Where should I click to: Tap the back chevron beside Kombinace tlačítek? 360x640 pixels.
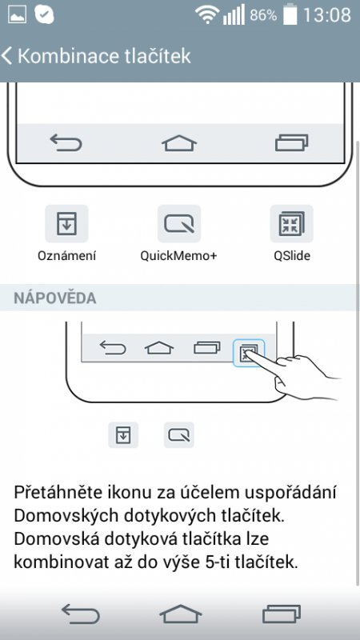[x=8, y=56]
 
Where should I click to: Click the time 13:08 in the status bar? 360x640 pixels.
[x=327, y=14]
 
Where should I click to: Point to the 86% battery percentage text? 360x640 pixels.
[x=263, y=15]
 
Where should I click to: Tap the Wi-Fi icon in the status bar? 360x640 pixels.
[x=208, y=14]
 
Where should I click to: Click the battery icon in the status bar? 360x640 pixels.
[x=290, y=14]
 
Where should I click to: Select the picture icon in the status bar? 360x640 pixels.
[x=17, y=14]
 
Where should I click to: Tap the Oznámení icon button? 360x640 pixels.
[x=66, y=224]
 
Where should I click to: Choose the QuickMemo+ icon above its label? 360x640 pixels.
[x=179, y=224]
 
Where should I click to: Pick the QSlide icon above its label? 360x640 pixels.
[x=291, y=224]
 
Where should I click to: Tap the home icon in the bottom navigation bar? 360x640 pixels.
[x=179, y=614]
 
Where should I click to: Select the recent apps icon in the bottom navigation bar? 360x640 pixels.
[x=281, y=614]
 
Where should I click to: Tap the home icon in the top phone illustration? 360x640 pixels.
[x=179, y=143]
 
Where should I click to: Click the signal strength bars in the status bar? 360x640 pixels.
[x=234, y=14]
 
